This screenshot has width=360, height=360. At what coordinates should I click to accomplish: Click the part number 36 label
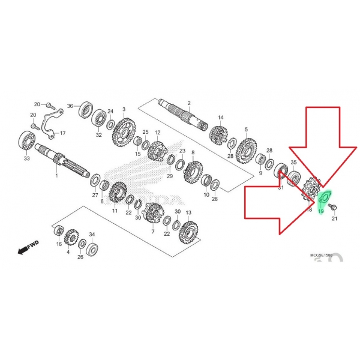tap(70, 106)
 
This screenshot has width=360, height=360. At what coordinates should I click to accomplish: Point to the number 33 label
tap(26, 159)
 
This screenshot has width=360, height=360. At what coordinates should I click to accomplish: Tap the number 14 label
tap(220, 118)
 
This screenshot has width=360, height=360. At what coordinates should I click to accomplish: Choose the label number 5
tap(246, 129)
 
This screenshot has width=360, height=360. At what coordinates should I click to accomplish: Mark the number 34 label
tap(92, 234)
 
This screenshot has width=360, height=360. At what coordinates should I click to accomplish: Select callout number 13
tap(188, 213)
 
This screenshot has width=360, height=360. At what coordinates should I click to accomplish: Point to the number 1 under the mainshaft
tap(57, 176)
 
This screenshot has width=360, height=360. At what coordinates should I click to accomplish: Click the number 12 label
tap(158, 133)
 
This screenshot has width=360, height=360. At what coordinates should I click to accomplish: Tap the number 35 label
tap(294, 163)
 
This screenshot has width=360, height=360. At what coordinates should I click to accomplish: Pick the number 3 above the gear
tap(124, 110)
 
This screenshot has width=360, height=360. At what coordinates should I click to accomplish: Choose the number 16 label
tap(59, 245)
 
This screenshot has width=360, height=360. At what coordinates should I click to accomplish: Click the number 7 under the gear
tap(153, 232)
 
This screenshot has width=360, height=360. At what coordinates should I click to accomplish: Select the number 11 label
tap(115, 211)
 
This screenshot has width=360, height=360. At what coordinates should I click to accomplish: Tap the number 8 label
tap(193, 153)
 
